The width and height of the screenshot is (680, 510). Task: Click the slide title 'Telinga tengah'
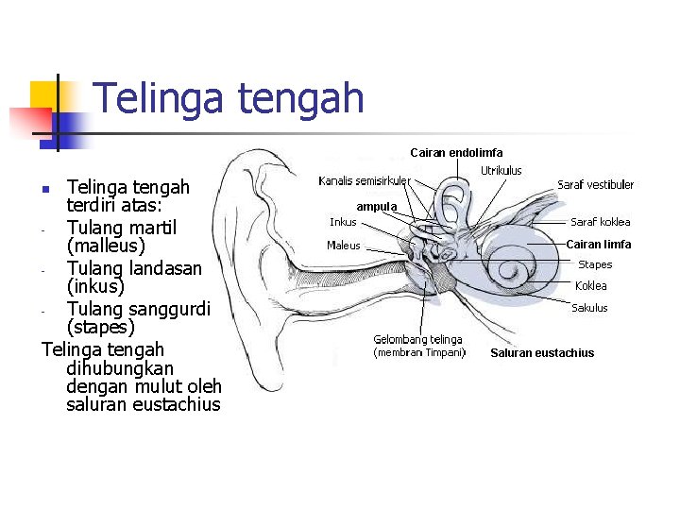pos(229,97)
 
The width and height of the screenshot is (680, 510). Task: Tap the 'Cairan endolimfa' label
pos(456,152)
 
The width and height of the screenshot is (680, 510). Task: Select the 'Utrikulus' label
pos(501,171)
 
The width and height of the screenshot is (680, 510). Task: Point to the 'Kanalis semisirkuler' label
pos(364,180)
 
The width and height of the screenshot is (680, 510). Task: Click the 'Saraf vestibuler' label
pos(595,185)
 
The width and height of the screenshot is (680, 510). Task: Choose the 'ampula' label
pos(377,206)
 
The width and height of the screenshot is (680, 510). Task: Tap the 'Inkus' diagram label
pos(343,223)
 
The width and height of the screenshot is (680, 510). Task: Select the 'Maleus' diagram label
pos(343,246)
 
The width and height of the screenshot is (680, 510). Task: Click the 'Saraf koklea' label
pos(600,223)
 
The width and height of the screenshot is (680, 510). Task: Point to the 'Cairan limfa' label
pos(598,245)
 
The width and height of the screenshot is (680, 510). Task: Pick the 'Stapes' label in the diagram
pos(595,265)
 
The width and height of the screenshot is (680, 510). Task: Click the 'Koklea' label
pos(591,286)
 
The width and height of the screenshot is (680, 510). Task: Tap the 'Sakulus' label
pos(589,308)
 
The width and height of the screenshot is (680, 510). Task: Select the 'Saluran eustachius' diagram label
pos(542,353)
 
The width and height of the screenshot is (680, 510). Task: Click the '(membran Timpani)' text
pos(420,353)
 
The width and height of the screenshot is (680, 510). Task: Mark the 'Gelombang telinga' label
pos(417,340)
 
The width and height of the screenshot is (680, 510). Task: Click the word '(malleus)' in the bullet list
pos(106,247)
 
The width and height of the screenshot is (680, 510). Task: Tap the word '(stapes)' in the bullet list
pos(101,328)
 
